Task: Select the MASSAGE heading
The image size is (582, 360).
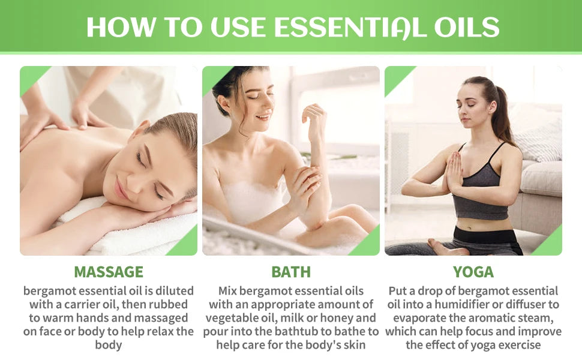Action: click(x=109, y=272)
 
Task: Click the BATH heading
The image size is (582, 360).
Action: click(x=291, y=272)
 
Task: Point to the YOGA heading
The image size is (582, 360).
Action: click(x=473, y=272)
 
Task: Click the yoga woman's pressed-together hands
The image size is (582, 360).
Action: click(x=454, y=172)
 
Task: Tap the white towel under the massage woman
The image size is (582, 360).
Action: click(x=138, y=234)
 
